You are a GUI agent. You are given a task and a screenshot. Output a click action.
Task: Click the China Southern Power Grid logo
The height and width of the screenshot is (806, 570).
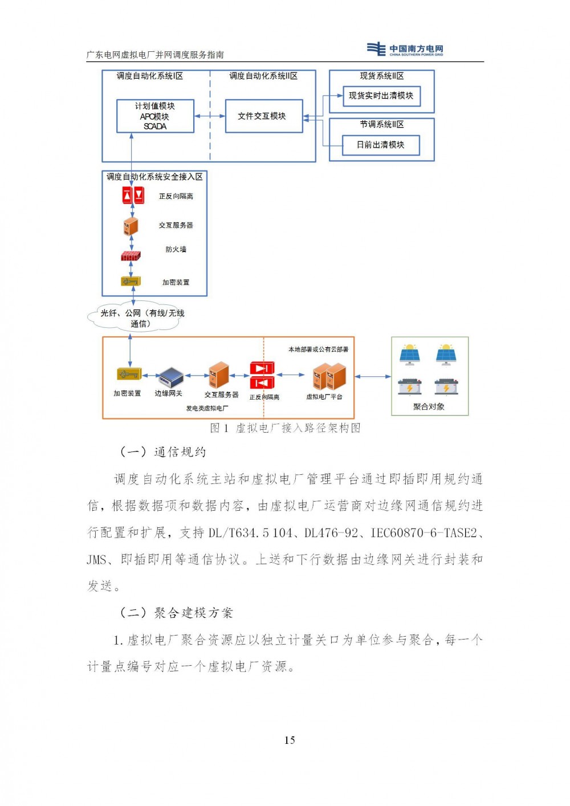(405, 50)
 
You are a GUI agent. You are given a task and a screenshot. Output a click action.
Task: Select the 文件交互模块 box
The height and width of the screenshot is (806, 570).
(263, 116)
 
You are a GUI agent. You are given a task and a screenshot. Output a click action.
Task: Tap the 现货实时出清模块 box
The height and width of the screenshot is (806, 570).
(381, 96)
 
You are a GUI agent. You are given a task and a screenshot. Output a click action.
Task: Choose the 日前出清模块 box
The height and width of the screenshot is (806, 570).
(380, 145)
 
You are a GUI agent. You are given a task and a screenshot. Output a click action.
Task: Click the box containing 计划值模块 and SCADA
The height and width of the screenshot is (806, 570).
(155, 116)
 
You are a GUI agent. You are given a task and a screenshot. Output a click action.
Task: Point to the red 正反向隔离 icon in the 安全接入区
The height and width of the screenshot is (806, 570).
(133, 196)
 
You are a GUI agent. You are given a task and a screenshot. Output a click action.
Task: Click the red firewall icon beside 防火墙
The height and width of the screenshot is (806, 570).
(131, 257)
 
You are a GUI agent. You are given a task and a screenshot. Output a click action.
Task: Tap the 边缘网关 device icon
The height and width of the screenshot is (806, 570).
(170, 377)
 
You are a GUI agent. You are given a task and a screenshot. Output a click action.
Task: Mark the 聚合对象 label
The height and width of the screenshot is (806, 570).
(429, 406)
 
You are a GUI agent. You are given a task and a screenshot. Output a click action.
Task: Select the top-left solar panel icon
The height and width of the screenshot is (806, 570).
(409, 354)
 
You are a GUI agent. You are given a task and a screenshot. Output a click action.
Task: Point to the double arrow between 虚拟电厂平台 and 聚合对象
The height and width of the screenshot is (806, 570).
(373, 376)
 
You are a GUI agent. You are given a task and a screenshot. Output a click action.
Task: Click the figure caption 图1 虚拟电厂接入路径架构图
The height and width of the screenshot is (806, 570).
(285, 428)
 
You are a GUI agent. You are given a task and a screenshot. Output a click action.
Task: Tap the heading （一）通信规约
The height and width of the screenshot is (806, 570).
(163, 452)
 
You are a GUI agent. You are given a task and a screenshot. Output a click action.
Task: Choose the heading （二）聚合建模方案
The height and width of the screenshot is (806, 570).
(176, 613)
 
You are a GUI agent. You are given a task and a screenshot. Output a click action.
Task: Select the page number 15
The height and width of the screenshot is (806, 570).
(290, 740)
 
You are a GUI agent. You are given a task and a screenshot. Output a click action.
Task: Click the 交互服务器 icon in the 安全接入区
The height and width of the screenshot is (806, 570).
(131, 226)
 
